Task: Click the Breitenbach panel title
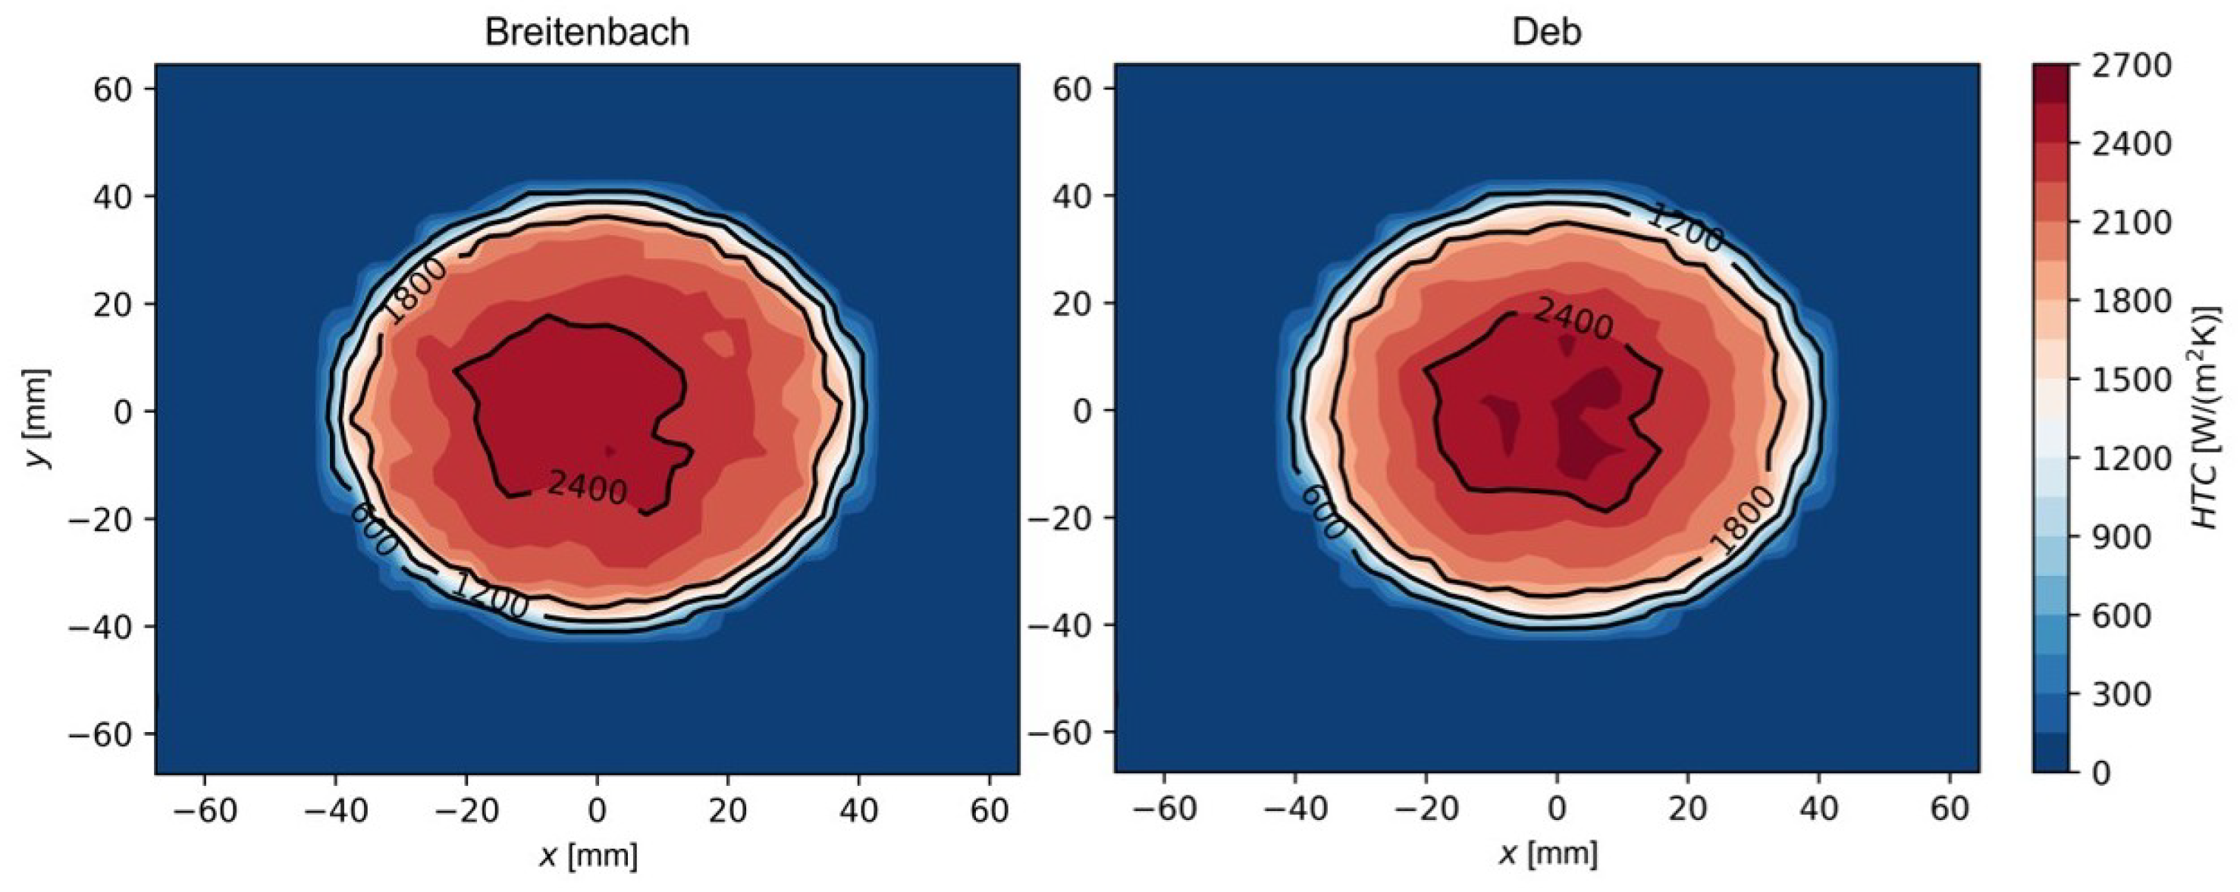[x=587, y=32]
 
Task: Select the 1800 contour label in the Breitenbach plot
[x=416, y=290]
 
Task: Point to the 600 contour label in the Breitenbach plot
[x=374, y=530]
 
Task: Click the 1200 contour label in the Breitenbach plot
[x=490, y=596]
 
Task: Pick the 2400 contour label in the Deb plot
[x=1572, y=319]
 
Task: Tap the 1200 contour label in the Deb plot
[x=1684, y=229]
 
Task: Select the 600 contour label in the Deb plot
[x=1324, y=512]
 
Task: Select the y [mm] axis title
[x=36, y=418]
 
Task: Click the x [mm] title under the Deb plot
[x=1548, y=856]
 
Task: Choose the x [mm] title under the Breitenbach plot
[x=588, y=856]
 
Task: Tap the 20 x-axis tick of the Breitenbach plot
[x=728, y=810]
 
